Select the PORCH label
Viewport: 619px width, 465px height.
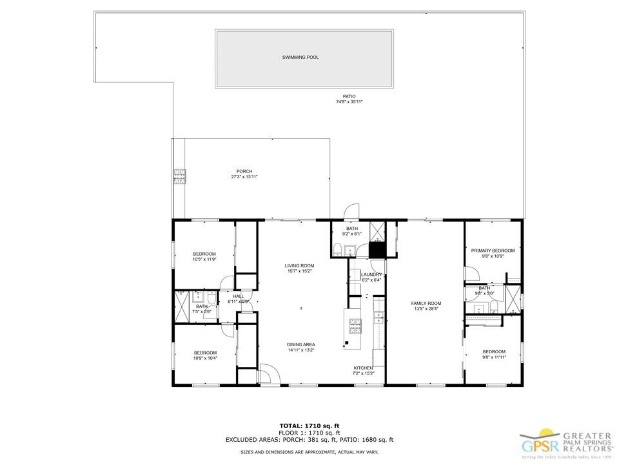click(244, 171)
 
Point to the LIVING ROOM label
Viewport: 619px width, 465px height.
click(299, 265)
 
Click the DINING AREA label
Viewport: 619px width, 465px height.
click(300, 344)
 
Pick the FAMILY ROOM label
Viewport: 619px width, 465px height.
click(426, 303)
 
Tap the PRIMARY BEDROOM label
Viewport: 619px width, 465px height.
click(493, 251)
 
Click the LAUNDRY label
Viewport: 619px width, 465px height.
click(371, 274)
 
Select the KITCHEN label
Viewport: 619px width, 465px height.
click(364, 367)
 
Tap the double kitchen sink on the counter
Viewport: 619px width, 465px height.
click(378, 317)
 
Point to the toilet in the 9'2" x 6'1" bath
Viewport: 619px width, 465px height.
click(337, 251)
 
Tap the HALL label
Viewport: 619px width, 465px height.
click(238, 296)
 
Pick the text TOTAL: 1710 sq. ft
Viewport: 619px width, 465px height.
click(309, 426)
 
